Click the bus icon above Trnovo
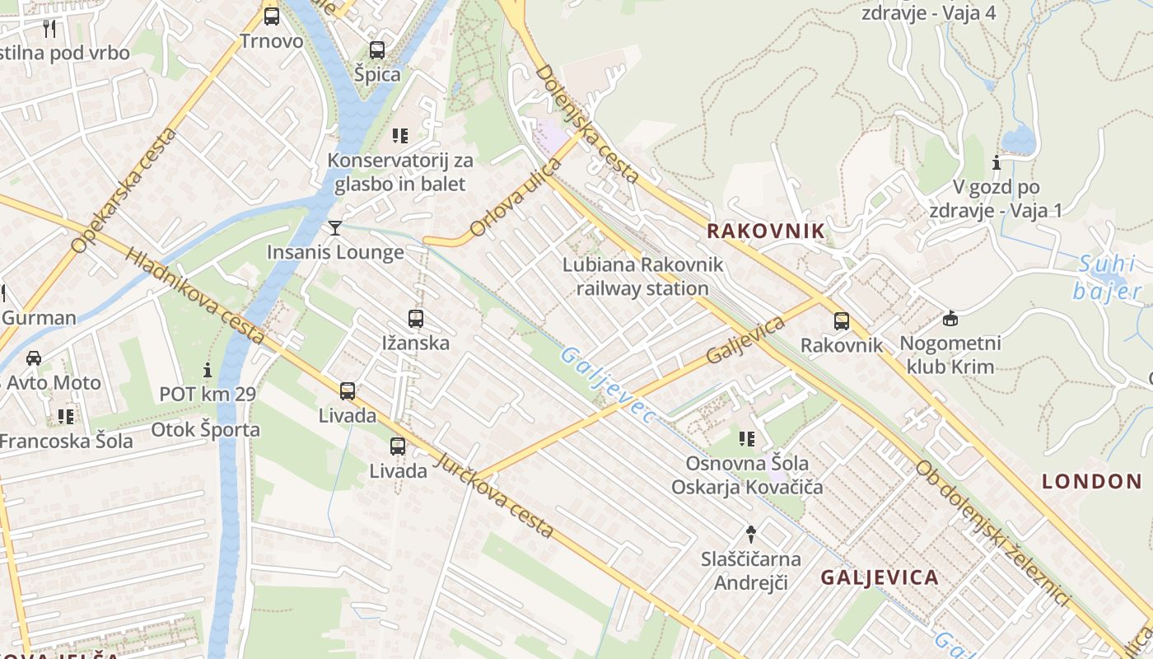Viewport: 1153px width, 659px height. point(271,16)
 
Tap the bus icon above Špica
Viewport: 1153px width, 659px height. point(376,49)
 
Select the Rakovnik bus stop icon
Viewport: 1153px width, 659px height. point(841,321)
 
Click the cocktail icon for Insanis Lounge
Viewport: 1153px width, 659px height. point(334,227)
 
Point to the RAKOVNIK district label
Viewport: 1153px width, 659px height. point(765,231)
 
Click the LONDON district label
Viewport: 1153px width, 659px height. point(1091,481)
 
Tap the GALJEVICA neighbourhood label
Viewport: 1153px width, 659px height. point(880,577)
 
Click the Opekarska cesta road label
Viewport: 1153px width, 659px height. point(124,190)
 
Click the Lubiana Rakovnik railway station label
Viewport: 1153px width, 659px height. point(642,276)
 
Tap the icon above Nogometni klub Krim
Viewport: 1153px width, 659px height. point(950,318)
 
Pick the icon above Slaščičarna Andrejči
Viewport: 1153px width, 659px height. point(750,534)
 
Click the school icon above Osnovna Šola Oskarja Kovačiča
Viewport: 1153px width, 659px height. point(747,438)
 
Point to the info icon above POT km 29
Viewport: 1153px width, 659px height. point(208,370)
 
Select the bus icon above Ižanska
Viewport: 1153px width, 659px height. point(416,318)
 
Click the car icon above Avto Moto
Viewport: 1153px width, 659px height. point(34,358)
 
